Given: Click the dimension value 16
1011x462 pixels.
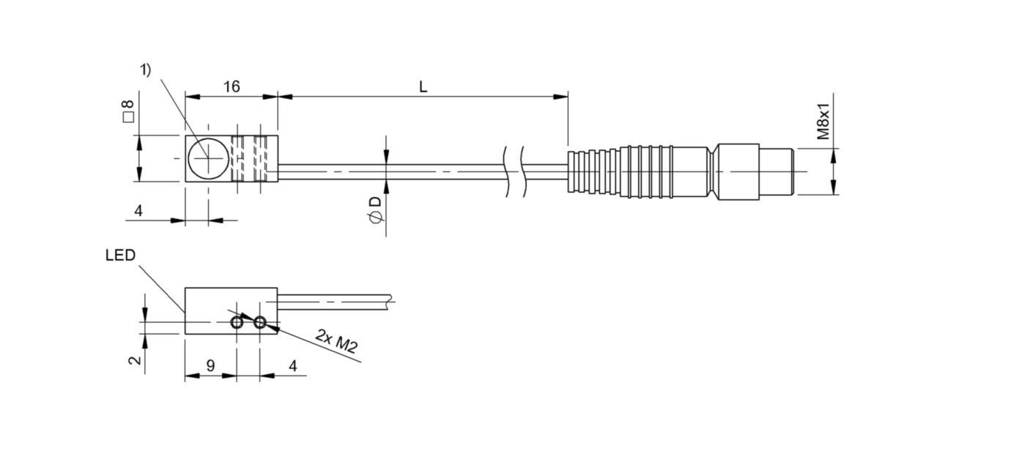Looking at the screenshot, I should pos(231,86).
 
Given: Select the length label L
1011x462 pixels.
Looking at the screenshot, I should pos(423,86).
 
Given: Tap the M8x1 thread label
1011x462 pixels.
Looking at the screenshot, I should pos(823,122).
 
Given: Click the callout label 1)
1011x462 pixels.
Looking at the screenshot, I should pos(146,70).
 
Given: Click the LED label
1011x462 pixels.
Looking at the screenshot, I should pos(119,256).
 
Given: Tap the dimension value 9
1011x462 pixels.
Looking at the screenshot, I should pos(210,366).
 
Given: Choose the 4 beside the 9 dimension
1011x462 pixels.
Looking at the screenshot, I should pos(293,366).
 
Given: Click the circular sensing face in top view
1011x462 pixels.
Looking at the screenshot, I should pos(208,158).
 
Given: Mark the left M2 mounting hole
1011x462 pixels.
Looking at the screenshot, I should pos(237,322).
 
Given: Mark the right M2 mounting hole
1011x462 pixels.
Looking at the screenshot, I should pos(259,322).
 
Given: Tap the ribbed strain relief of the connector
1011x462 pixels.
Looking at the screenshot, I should pos(594,172).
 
